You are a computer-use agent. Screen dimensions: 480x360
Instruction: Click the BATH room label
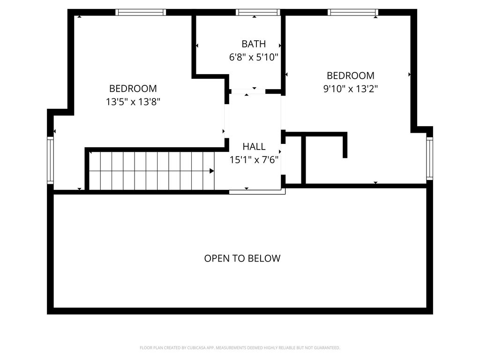tap(254, 44)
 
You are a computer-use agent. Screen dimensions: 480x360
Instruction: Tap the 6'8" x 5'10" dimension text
tap(254, 57)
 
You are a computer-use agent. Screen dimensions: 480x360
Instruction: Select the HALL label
tap(254, 147)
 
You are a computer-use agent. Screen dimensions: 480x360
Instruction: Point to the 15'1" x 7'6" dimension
tap(254, 160)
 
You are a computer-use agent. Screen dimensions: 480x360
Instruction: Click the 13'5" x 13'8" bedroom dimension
tap(133, 102)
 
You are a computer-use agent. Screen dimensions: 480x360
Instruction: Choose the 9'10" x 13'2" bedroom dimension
tap(351, 89)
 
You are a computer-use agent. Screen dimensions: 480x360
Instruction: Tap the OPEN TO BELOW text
tap(242, 258)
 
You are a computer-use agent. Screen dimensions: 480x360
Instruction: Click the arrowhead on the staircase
tap(211, 171)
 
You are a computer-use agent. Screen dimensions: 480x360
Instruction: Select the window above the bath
tap(258, 12)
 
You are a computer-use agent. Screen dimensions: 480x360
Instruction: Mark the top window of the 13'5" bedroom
tap(141, 12)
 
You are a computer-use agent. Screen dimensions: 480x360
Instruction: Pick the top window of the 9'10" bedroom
tap(353, 12)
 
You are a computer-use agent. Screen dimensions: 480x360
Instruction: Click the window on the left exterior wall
tap(50, 160)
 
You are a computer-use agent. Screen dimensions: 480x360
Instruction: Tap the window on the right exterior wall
tap(429, 158)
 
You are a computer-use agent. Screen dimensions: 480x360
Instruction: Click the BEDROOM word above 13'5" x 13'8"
tap(133, 89)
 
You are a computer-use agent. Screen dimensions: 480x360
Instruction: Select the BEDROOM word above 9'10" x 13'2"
tap(351, 75)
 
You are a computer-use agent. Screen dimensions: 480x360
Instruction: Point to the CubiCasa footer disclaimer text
tap(240, 348)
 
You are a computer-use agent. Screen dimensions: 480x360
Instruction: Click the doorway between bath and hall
tap(248, 91)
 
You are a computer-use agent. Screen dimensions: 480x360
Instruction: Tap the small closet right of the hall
tap(293, 160)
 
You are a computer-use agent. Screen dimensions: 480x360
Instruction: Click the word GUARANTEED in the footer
tap(328, 348)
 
